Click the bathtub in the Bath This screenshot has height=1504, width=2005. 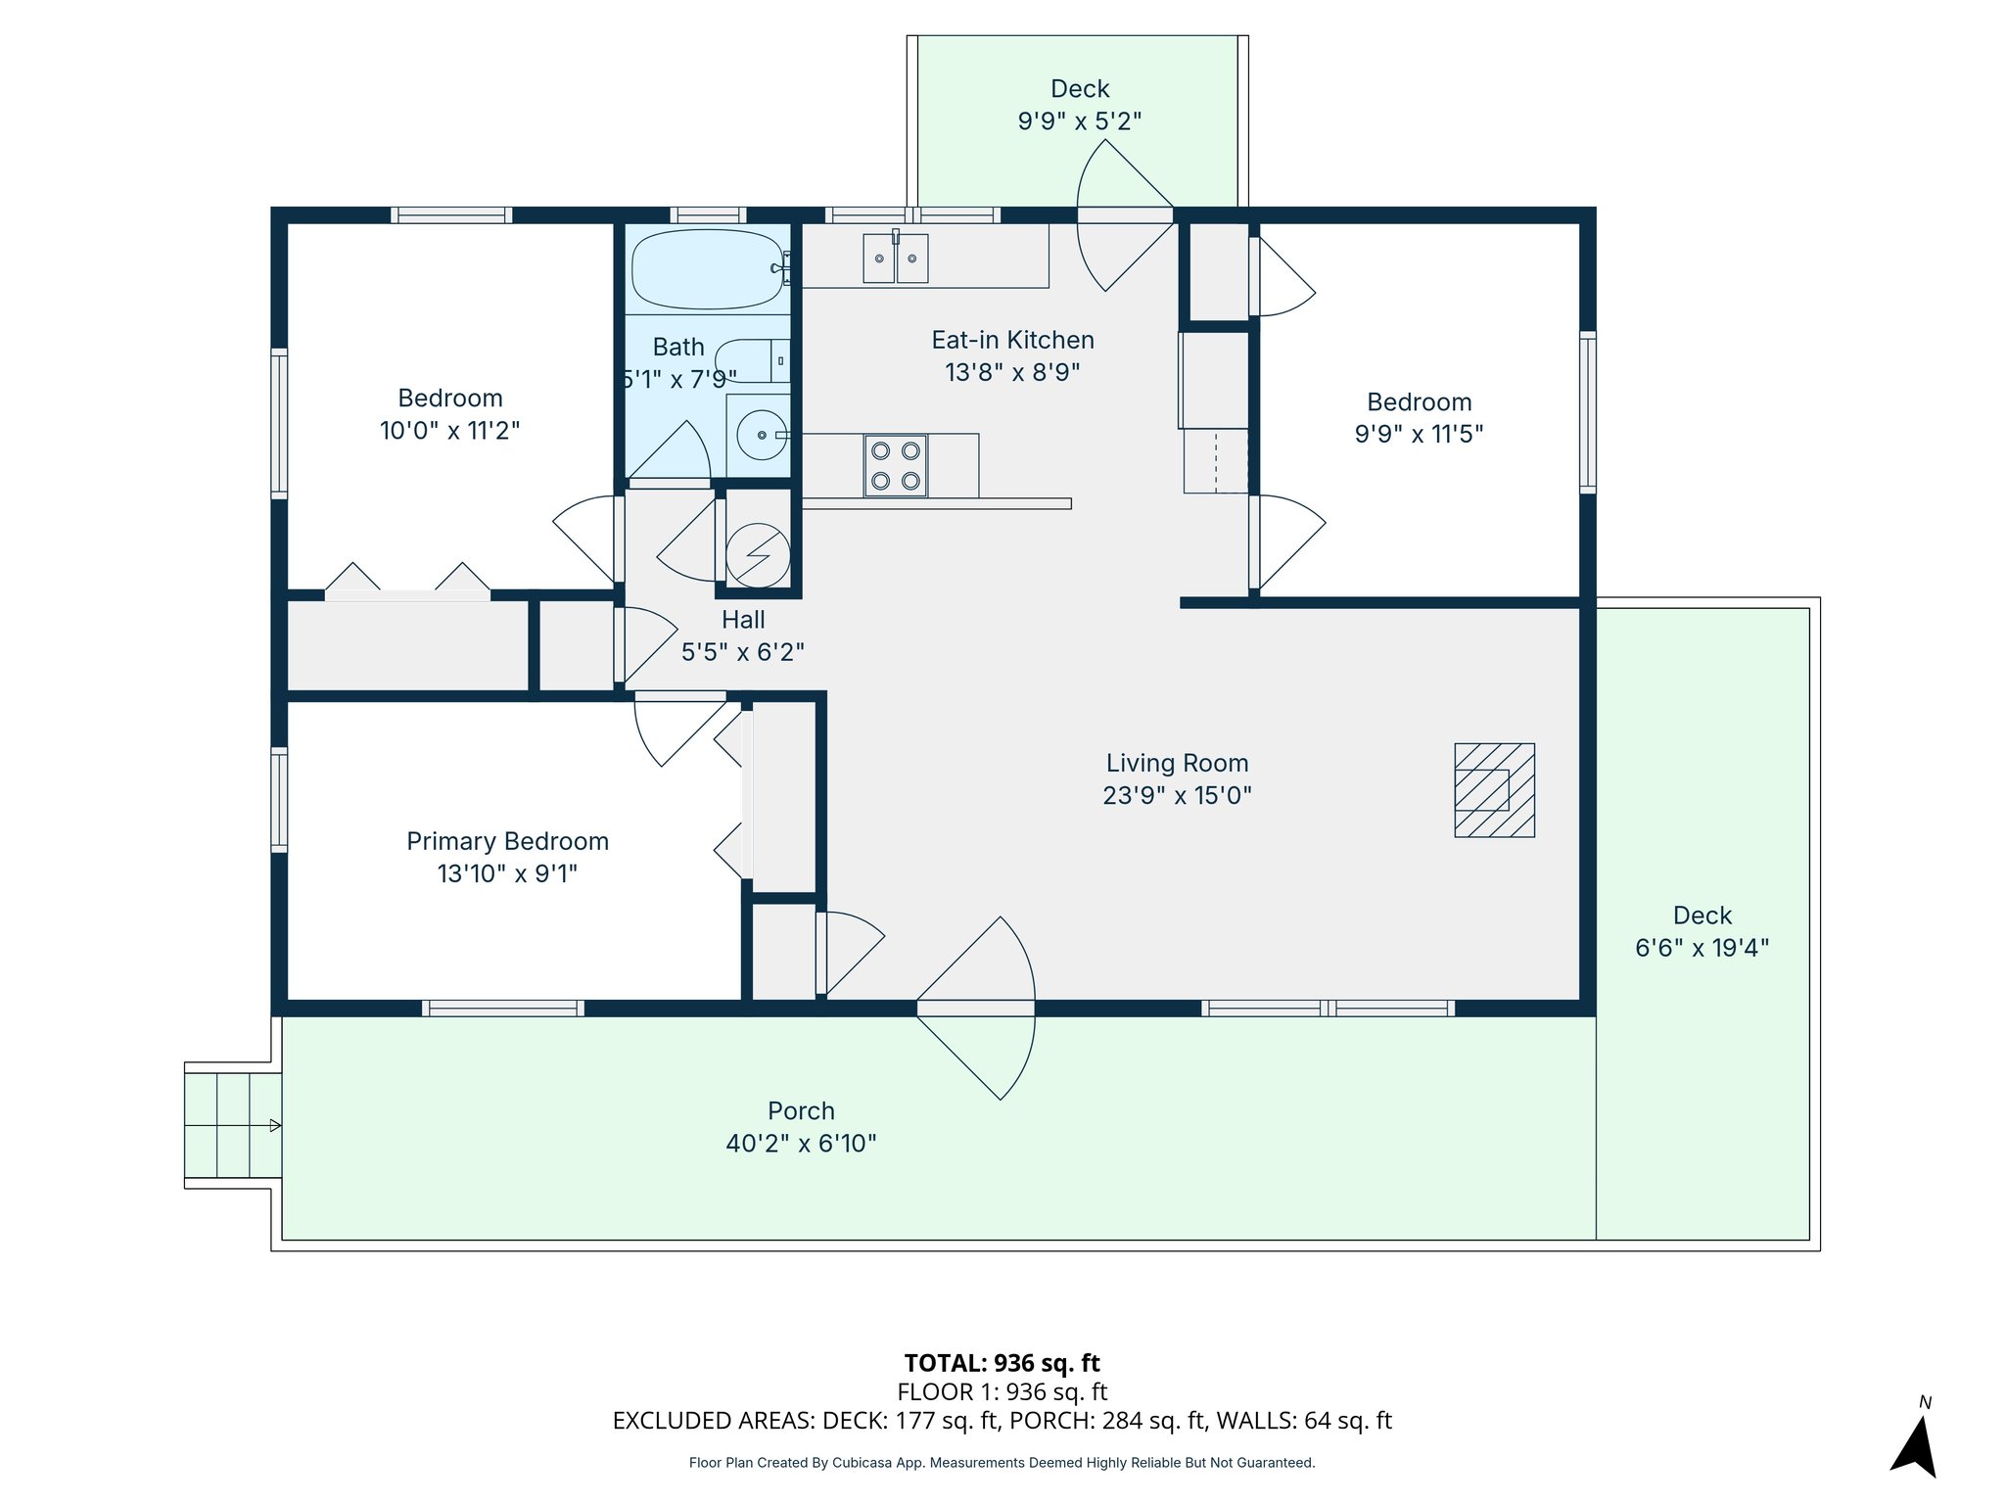[x=707, y=269]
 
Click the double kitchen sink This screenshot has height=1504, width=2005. [x=895, y=258]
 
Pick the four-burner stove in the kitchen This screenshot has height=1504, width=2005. [x=895, y=465]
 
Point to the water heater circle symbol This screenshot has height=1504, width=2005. [x=758, y=555]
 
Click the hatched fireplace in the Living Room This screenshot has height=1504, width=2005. [x=1494, y=790]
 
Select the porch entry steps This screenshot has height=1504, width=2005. [x=232, y=1125]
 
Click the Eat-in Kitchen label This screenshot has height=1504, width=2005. [x=1012, y=340]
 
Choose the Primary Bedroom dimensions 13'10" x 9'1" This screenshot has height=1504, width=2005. [x=507, y=873]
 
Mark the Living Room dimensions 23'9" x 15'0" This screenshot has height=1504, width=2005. [x=1177, y=795]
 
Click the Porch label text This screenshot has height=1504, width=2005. [x=801, y=1111]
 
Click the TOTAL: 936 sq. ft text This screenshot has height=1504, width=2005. [x=1002, y=1363]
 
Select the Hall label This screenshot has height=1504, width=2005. [x=743, y=620]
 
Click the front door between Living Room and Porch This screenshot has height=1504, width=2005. [x=975, y=1008]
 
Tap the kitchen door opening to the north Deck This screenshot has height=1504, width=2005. [x=1125, y=215]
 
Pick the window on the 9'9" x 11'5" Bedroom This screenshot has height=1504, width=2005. [x=1587, y=411]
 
